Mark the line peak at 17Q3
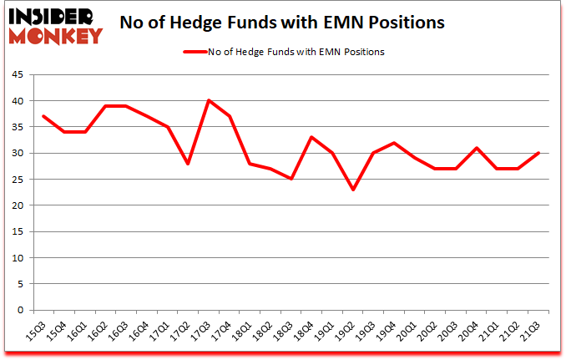pyautogui.click(x=209, y=100)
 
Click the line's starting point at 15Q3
pyautogui.click(x=43, y=116)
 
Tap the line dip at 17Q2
pyautogui.click(x=188, y=164)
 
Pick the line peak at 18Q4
pyautogui.click(x=312, y=137)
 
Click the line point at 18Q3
pyautogui.click(x=291, y=179)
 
